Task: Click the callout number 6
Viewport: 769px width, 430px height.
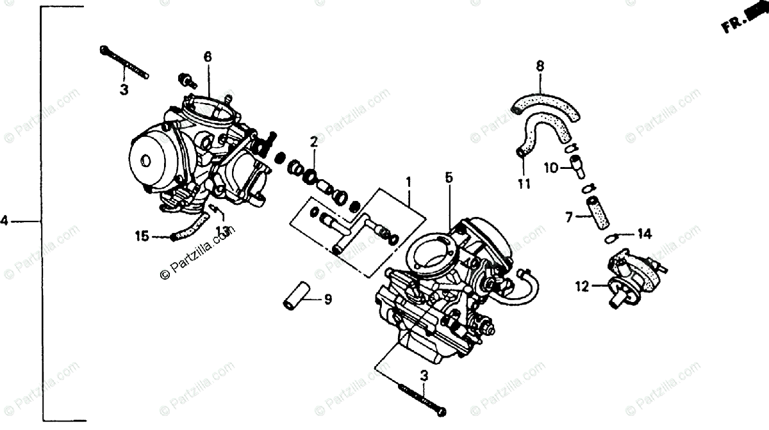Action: pyautogui.click(x=208, y=57)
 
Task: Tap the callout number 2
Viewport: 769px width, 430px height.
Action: pyautogui.click(x=314, y=141)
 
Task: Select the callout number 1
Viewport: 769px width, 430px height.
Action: pyautogui.click(x=408, y=182)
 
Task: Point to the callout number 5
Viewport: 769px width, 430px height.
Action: pyautogui.click(x=449, y=177)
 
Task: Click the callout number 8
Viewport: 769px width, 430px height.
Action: pyautogui.click(x=540, y=65)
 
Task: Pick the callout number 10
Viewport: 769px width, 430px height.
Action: pyautogui.click(x=551, y=168)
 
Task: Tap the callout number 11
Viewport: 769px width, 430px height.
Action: pyautogui.click(x=524, y=185)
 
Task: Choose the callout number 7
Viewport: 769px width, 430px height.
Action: pyautogui.click(x=568, y=218)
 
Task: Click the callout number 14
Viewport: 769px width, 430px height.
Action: pyautogui.click(x=644, y=234)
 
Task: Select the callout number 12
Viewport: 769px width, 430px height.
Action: pyautogui.click(x=581, y=287)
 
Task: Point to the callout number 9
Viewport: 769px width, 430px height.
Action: pyautogui.click(x=327, y=299)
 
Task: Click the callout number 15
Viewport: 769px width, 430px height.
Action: pyautogui.click(x=142, y=237)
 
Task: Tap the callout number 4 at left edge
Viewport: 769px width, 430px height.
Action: pyautogui.click(x=4, y=221)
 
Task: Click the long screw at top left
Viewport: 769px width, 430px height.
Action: pyautogui.click(x=124, y=63)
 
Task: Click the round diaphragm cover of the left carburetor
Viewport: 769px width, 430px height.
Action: pyautogui.click(x=150, y=160)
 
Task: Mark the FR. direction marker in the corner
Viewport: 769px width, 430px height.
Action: pyautogui.click(x=744, y=19)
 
